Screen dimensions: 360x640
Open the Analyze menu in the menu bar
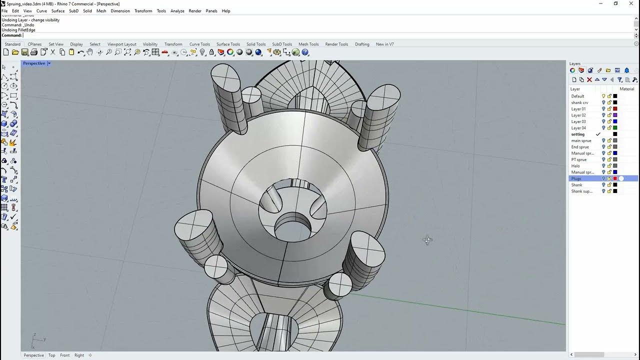click(177, 11)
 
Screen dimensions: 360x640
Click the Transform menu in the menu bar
click(143, 11)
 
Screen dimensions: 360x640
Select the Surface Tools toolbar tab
click(228, 44)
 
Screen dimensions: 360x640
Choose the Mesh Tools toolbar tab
click(308, 44)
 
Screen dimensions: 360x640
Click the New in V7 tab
click(384, 44)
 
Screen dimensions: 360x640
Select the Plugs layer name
click(576, 178)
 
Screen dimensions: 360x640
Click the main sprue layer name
click(581, 140)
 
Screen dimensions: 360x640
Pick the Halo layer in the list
click(575, 166)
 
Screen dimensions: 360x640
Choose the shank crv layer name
click(579, 102)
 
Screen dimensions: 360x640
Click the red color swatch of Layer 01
click(615, 109)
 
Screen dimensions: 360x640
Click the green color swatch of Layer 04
click(615, 128)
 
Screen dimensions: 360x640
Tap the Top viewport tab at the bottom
click(51, 355)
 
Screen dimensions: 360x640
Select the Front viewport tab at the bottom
click(65, 355)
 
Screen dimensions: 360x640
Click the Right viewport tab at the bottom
click(79, 355)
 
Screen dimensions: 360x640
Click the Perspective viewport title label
click(33, 63)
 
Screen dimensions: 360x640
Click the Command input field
click(300, 35)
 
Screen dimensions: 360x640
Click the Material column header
click(626, 89)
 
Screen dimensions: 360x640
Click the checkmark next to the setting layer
click(598, 134)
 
